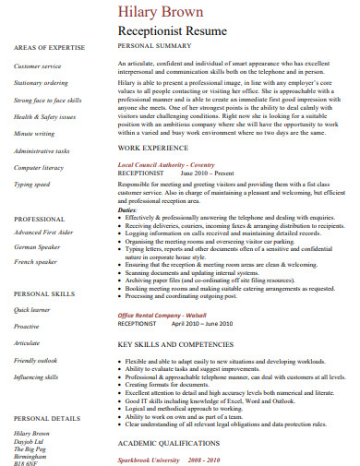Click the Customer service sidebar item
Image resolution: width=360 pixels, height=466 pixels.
(37, 66)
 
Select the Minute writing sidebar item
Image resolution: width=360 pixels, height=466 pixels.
(34, 134)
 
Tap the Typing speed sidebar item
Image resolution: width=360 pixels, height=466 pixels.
(32, 184)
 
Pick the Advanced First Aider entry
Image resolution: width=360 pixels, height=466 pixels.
(42, 233)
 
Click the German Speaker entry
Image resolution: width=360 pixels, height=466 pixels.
(36, 248)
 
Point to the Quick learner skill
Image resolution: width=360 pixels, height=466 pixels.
(32, 310)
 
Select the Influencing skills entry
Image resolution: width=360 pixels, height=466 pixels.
(36, 377)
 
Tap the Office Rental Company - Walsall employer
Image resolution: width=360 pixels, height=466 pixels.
(162, 316)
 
